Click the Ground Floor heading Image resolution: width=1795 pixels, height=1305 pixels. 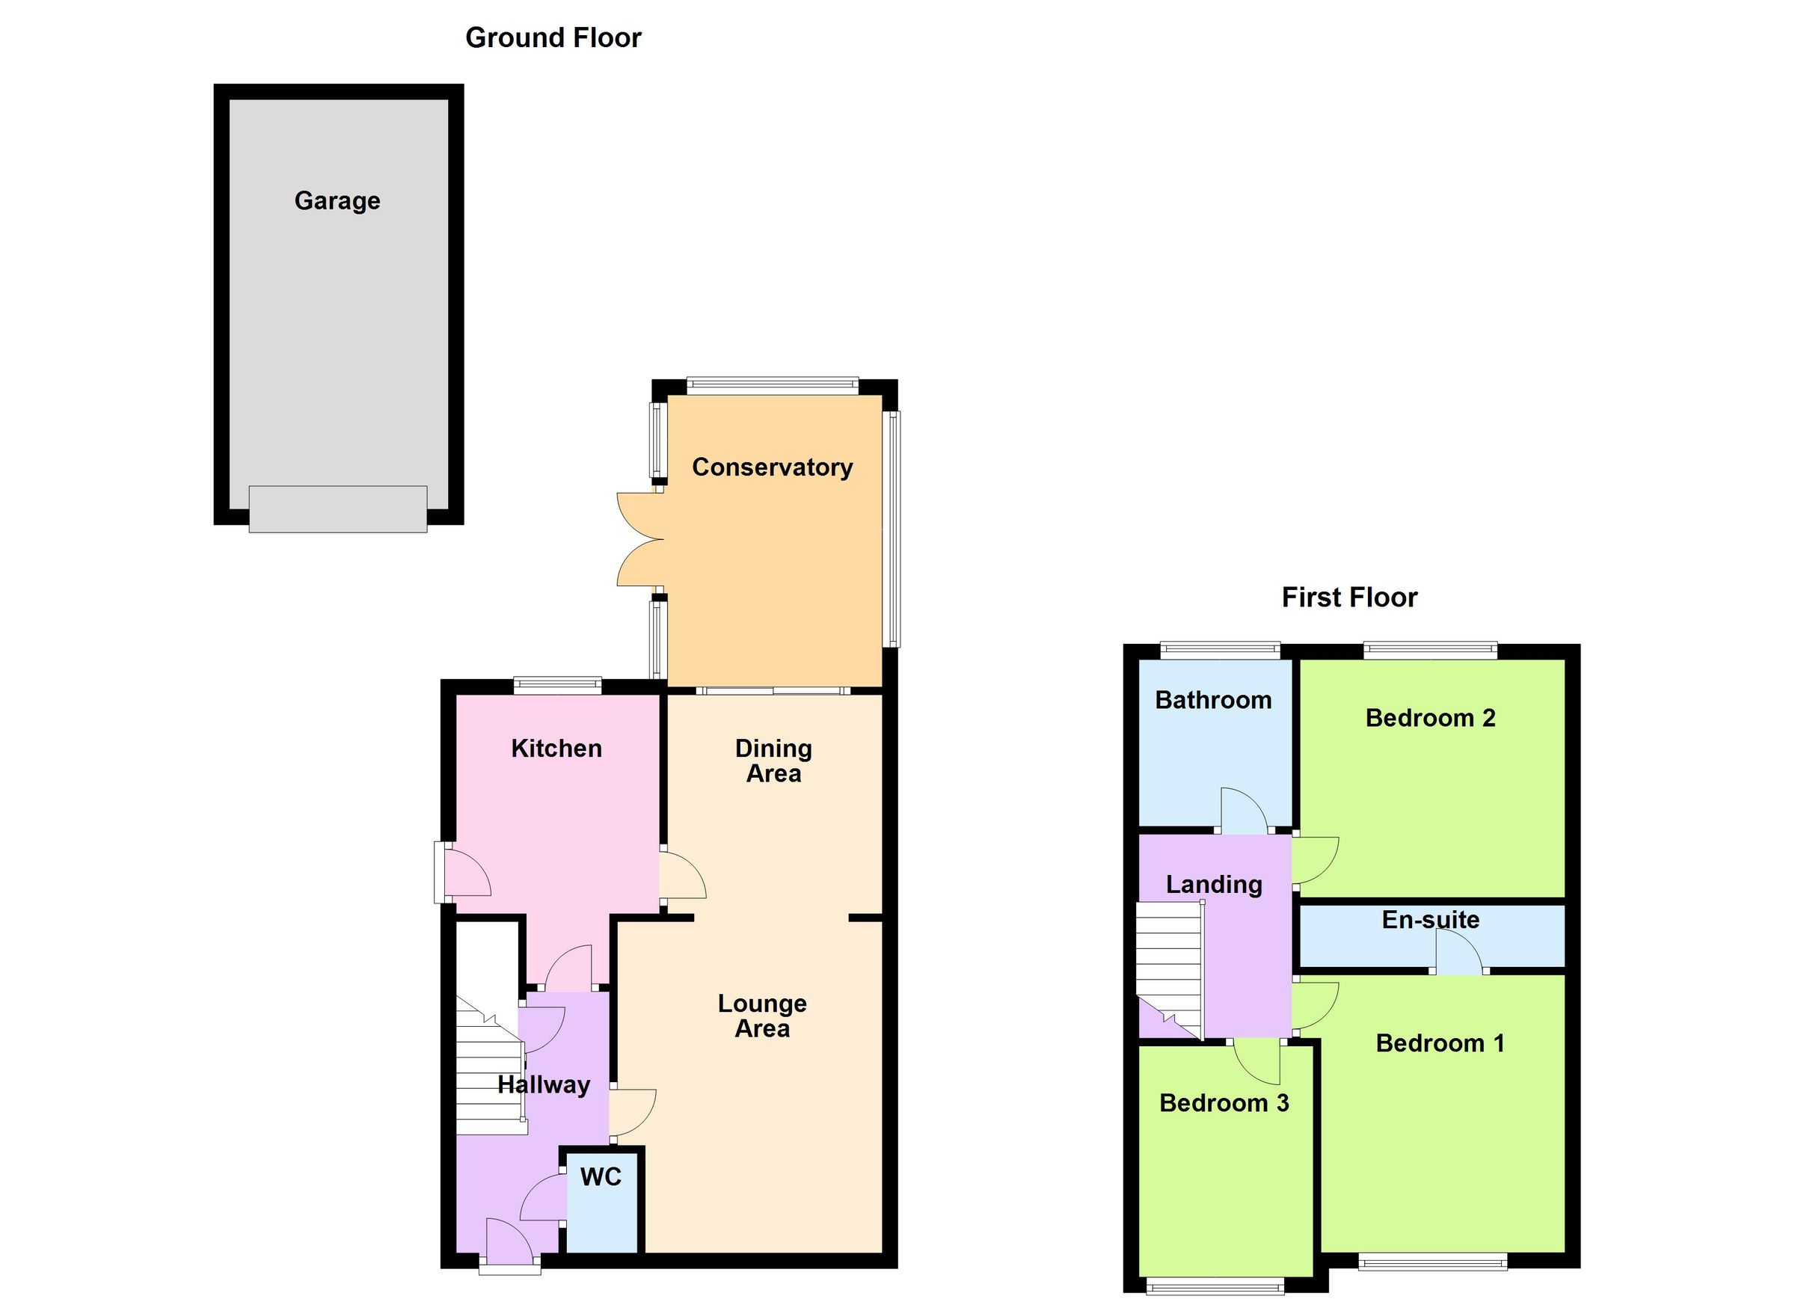(x=553, y=38)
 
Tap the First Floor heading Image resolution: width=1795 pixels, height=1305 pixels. (x=1348, y=598)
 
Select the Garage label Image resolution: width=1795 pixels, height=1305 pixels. (x=337, y=201)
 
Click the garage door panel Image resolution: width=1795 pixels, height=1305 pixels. (x=338, y=509)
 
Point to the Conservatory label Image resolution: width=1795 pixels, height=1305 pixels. (x=772, y=467)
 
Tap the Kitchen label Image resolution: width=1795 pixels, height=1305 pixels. (x=556, y=749)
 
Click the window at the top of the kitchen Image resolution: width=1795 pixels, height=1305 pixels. (x=557, y=685)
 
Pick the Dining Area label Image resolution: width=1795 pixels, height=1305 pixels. (x=773, y=761)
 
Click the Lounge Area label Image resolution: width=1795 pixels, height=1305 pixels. (x=762, y=1016)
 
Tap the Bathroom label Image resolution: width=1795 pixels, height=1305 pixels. (x=1212, y=701)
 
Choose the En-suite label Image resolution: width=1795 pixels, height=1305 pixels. (x=1430, y=920)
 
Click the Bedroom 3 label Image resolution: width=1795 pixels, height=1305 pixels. (x=1224, y=1103)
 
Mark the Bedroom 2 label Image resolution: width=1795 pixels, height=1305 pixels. (x=1430, y=719)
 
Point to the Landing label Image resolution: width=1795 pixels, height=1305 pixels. (x=1213, y=885)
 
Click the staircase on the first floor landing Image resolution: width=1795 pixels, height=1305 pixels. (x=1169, y=969)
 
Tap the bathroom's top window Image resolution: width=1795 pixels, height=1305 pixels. (x=1220, y=651)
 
